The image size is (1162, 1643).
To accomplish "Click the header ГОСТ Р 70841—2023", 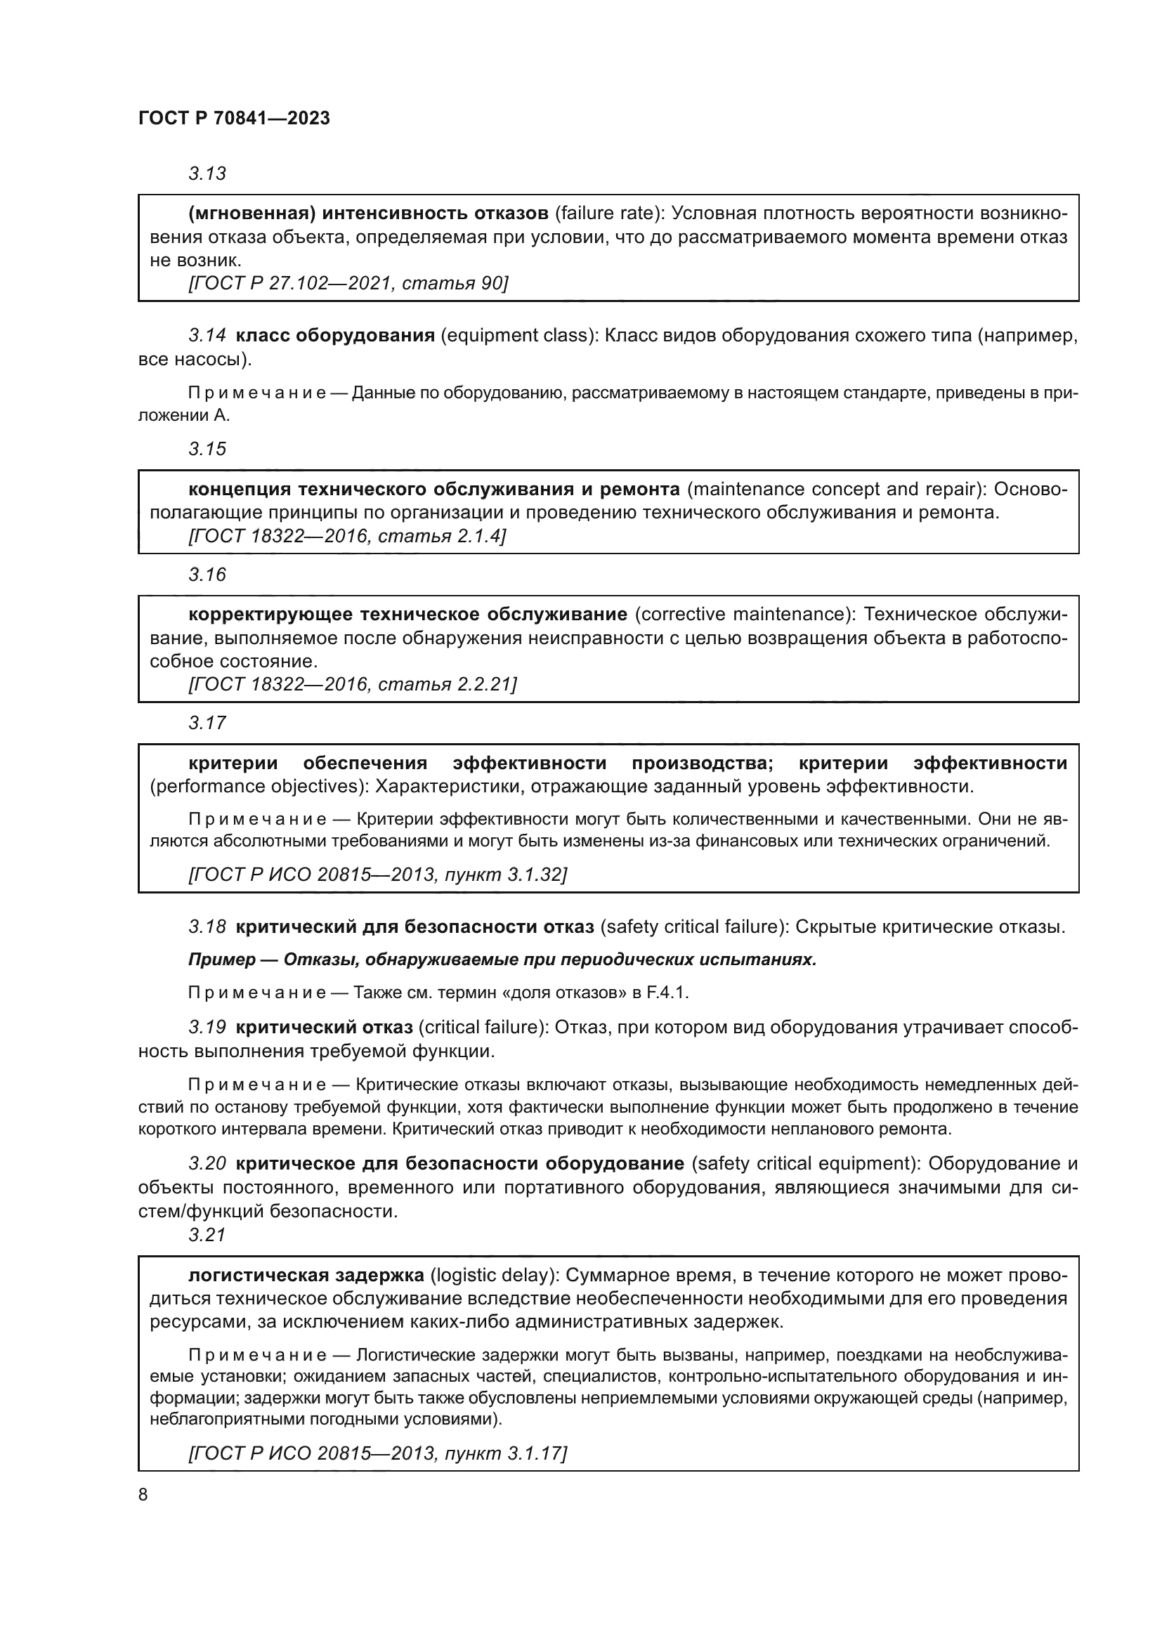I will point(234,119).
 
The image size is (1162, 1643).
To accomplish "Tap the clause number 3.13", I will point(207,174).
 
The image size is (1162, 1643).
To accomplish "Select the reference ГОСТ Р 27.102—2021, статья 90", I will point(348,283).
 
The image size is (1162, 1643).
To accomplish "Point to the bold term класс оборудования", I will point(335,335).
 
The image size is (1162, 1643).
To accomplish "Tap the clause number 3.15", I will point(207,449).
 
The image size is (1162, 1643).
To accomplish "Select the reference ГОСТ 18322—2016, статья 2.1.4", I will point(346,536).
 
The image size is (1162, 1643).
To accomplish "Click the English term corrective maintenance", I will point(744,614).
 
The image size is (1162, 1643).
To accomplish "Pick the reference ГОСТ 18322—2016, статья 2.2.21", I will point(352,684).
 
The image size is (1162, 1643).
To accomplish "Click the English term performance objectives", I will point(257,787).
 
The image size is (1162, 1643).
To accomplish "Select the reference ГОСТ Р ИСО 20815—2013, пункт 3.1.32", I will point(377,875).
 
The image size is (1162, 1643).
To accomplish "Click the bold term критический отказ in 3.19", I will point(324,1028).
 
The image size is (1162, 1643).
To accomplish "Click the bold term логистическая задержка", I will point(306,1275).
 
